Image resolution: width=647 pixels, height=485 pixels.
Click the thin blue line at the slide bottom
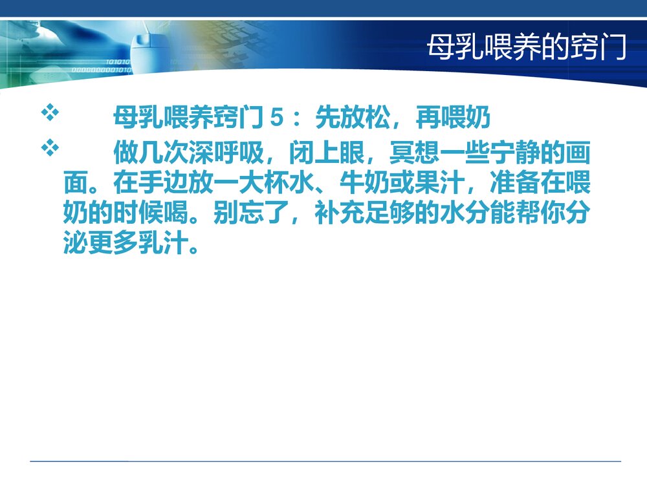323,461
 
